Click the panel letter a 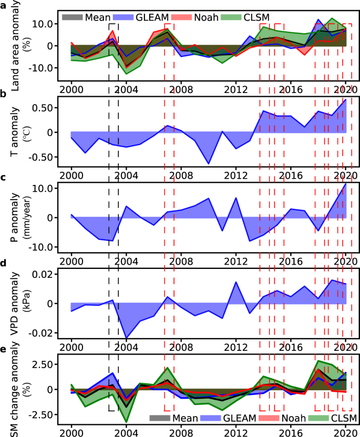pyautogui.click(x=3, y=6)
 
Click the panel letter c pyautogui.click(x=4, y=178)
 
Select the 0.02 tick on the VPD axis pyautogui.click(x=45, y=274)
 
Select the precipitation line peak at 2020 pyautogui.click(x=346, y=183)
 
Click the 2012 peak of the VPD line pyautogui.click(x=236, y=282)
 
